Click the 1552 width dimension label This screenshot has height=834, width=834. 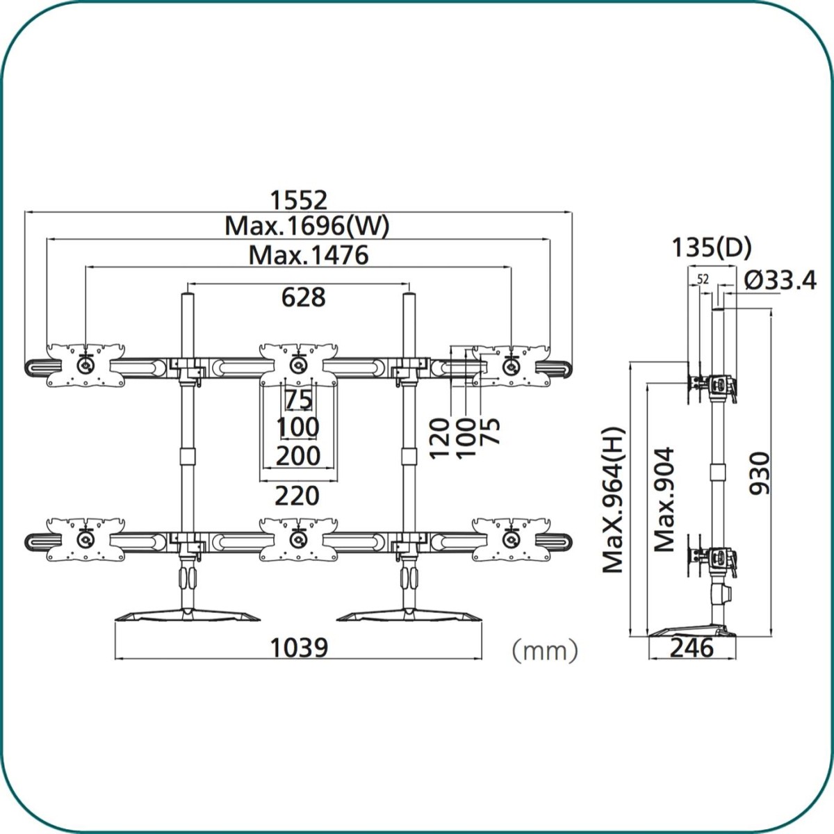pyautogui.click(x=299, y=200)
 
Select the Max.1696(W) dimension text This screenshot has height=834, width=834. pyautogui.click(x=307, y=226)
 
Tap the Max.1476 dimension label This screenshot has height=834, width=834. pyautogui.click(x=309, y=255)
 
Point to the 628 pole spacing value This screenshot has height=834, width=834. pyautogui.click(x=303, y=297)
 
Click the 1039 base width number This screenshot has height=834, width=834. pyautogui.click(x=299, y=648)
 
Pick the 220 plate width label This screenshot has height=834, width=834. pyautogui.click(x=297, y=496)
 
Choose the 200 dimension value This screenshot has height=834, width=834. pyautogui.click(x=298, y=456)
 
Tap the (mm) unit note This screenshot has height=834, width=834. pyautogui.click(x=545, y=651)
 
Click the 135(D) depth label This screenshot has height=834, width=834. pyautogui.click(x=712, y=247)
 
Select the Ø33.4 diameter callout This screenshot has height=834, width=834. pyautogui.click(x=780, y=280)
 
